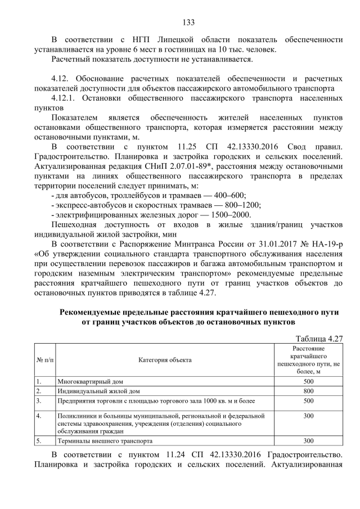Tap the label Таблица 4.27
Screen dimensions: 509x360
click(x=319, y=339)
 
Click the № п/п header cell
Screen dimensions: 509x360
click(x=44, y=359)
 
